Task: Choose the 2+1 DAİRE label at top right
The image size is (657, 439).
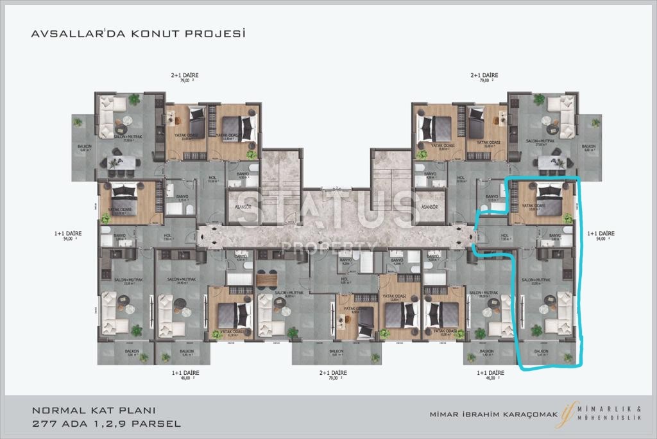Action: (484, 76)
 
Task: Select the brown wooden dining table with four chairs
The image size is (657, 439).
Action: (267, 279)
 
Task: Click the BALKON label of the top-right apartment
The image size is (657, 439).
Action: (588, 147)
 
